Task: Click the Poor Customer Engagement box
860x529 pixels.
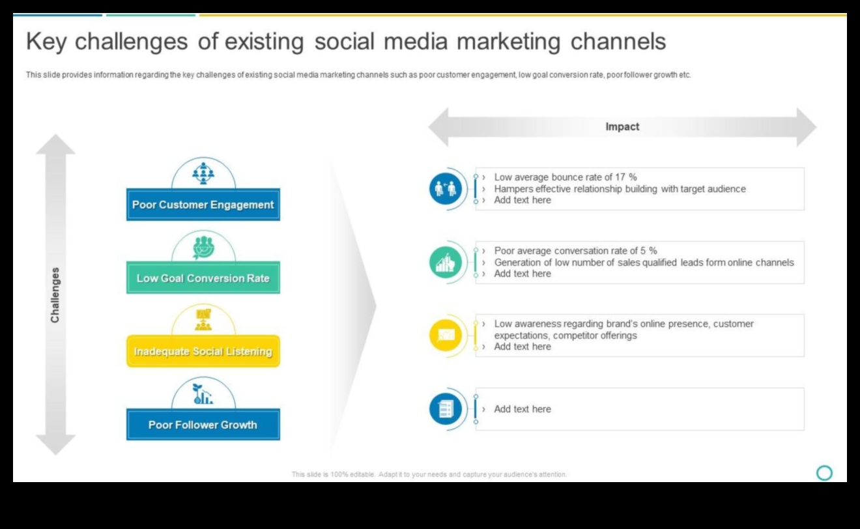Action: pyautogui.click(x=203, y=205)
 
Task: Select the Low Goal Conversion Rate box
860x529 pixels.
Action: pyautogui.click(x=203, y=278)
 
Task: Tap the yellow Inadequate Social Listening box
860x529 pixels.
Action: pyautogui.click(x=203, y=351)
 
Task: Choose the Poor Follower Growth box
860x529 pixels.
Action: pyautogui.click(x=203, y=425)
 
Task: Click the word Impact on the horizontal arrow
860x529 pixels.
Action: pyautogui.click(x=622, y=126)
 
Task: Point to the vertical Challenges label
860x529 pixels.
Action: pyautogui.click(x=55, y=295)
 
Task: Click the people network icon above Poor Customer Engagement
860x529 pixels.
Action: pyautogui.click(x=203, y=173)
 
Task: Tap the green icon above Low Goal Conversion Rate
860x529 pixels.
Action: pyautogui.click(x=203, y=248)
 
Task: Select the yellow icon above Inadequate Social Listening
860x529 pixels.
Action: pyautogui.click(x=203, y=320)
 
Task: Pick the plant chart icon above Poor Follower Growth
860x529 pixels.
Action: pyautogui.click(x=203, y=394)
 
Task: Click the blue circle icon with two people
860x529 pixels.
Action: pyautogui.click(x=446, y=188)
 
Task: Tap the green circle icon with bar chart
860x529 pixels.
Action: pyautogui.click(x=446, y=262)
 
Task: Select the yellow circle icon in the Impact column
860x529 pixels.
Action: pyautogui.click(x=446, y=335)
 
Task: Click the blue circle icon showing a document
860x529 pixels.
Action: pyautogui.click(x=446, y=409)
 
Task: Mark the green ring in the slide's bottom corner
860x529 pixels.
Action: pyautogui.click(x=824, y=473)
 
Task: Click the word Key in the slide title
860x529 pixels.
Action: pyautogui.click(x=46, y=42)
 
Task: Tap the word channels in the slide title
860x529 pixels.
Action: pyautogui.click(x=618, y=42)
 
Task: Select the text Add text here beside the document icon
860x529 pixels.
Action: pyautogui.click(x=522, y=409)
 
